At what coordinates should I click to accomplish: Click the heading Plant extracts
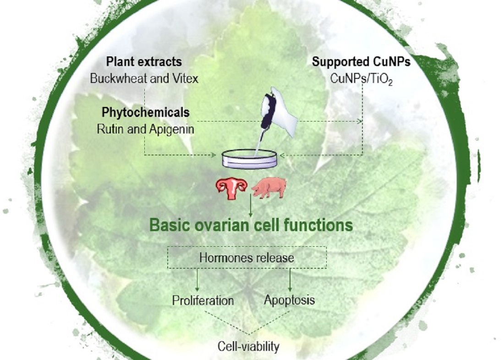[x=144, y=62]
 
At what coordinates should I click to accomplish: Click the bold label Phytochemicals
[x=146, y=113]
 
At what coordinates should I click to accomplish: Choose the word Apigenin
[x=172, y=129]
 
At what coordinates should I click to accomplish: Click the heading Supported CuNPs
[x=362, y=61]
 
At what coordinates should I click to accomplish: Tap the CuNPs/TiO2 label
[x=362, y=79]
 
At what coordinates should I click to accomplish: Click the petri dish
[x=249, y=158]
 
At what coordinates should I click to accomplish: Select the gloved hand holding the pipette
[x=279, y=111]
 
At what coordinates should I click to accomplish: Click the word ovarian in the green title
[x=222, y=225]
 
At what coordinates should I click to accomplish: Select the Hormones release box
[x=247, y=257]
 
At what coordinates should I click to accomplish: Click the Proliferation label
[x=203, y=300]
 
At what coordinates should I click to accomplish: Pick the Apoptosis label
[x=289, y=300]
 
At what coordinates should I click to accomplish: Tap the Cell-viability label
[x=248, y=347]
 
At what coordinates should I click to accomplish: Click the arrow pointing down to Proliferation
[x=197, y=280]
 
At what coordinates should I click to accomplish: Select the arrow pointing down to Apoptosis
[x=290, y=280]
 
